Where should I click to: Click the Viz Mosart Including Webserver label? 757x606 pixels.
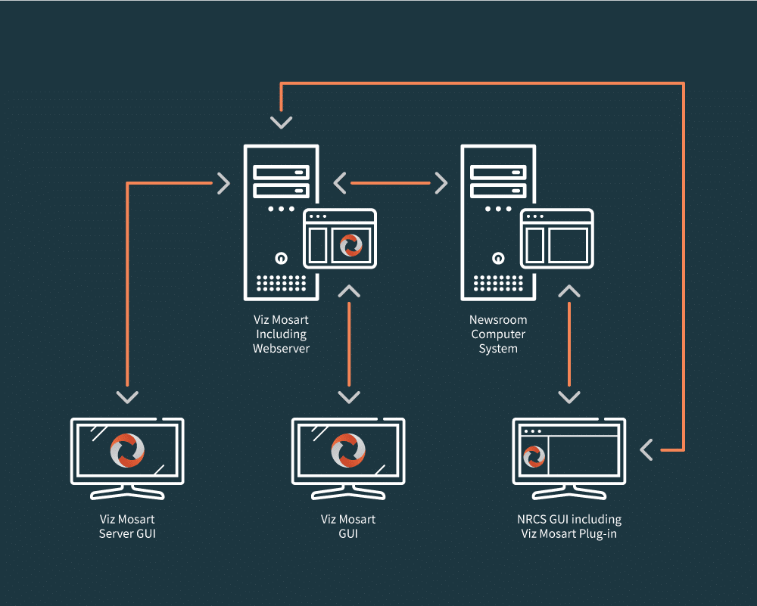click(281, 334)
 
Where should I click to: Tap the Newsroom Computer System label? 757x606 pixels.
click(498, 334)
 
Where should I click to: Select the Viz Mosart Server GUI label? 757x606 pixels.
click(127, 527)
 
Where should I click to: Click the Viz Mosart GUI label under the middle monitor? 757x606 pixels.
click(348, 527)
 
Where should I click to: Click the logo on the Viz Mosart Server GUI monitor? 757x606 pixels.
click(127, 451)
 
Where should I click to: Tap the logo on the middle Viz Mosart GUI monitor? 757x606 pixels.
click(348, 451)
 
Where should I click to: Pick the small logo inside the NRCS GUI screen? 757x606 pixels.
click(534, 457)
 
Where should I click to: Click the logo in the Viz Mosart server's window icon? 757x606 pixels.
click(350, 245)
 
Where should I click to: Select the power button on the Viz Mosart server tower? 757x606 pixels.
click(281, 258)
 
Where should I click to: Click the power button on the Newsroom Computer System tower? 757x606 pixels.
click(497, 258)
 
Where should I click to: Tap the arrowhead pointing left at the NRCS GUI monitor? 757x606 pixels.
click(646, 450)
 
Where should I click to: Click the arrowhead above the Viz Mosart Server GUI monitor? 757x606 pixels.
click(127, 396)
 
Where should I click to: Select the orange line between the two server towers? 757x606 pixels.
click(391, 182)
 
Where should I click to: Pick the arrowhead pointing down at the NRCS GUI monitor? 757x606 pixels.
click(569, 396)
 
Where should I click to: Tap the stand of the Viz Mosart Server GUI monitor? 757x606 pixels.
click(127, 492)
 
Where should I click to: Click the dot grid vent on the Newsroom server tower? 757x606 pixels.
click(497, 283)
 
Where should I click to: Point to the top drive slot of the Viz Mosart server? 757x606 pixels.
click(281, 172)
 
